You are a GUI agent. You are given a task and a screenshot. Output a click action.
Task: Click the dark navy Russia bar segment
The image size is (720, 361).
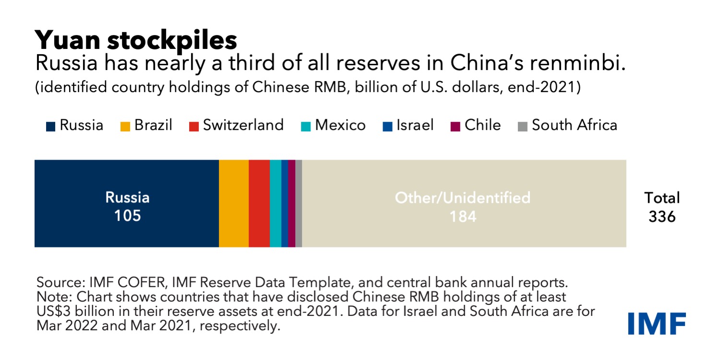tap(126, 177)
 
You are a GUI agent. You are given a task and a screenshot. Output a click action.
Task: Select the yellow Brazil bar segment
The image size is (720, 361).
tap(234, 204)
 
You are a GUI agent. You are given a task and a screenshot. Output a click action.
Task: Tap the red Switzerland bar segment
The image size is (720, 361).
tap(259, 204)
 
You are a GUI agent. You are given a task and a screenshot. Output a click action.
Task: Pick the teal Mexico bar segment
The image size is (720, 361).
tap(276, 204)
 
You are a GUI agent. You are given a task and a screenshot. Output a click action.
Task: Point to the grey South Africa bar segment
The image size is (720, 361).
tap(299, 204)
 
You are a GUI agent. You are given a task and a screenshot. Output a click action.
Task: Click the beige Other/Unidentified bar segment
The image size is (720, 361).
tap(464, 177)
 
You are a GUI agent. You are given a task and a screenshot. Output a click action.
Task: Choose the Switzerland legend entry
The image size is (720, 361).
tap(236, 126)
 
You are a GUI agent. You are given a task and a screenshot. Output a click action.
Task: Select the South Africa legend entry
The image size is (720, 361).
tap(567, 126)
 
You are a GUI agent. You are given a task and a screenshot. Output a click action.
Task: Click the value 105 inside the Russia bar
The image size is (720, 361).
tap(127, 216)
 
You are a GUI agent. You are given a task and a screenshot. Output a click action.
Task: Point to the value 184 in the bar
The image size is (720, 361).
tap(463, 217)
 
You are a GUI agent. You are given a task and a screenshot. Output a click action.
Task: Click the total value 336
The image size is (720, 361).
tap(662, 217)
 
